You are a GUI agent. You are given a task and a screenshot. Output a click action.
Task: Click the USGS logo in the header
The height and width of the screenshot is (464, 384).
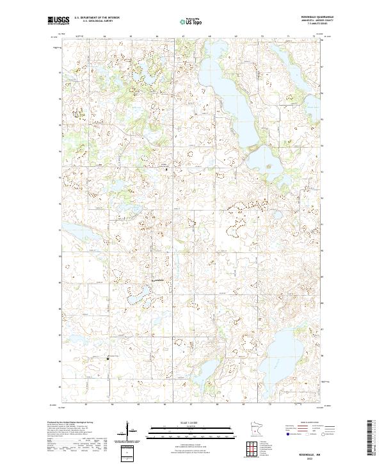click(x=58, y=20)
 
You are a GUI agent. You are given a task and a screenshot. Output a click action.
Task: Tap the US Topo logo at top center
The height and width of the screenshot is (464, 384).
click(x=192, y=20)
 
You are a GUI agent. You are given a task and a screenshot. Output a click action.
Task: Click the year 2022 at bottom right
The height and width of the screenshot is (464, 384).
click(x=320, y=455)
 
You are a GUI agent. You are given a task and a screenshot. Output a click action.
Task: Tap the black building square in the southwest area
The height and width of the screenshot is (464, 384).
click(x=108, y=358)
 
